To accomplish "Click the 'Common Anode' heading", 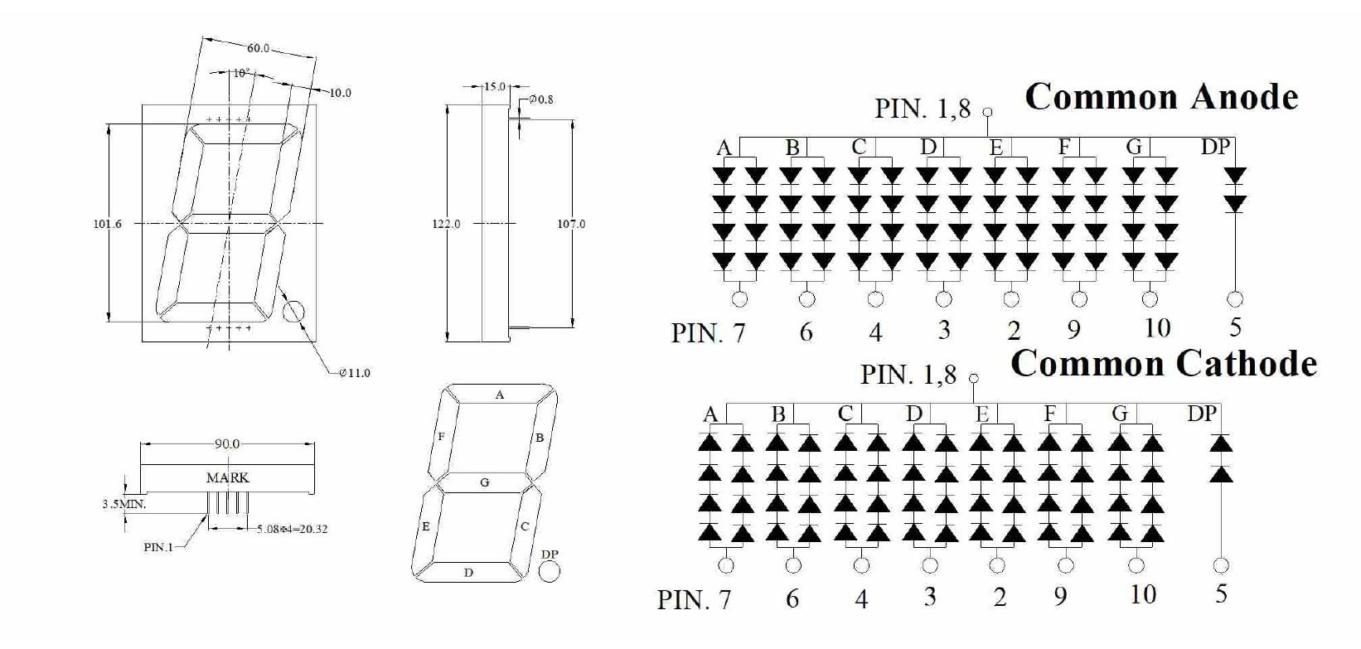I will [1161, 98].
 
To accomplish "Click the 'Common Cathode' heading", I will [1164, 364].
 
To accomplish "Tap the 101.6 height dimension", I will [108, 224].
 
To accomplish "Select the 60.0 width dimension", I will [258, 48].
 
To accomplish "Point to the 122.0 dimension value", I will [446, 224].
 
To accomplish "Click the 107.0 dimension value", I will [571, 224].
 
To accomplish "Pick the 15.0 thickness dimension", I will [495, 86].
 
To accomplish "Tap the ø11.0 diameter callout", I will [356, 373].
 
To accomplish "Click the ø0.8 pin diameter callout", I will [540, 99].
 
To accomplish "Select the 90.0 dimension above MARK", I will [227, 444].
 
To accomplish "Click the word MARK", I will [227, 477].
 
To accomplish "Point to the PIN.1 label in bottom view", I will [158, 547].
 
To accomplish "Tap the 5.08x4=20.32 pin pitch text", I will [292, 529].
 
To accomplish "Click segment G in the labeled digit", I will [485, 482].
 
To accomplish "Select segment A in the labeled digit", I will [500, 395].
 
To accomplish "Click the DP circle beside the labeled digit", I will [549, 571].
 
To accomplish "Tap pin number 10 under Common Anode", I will [1157, 328].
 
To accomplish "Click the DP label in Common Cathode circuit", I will [1202, 414].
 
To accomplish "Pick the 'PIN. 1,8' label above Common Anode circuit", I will [922, 109].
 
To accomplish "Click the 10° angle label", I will [240, 74].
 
